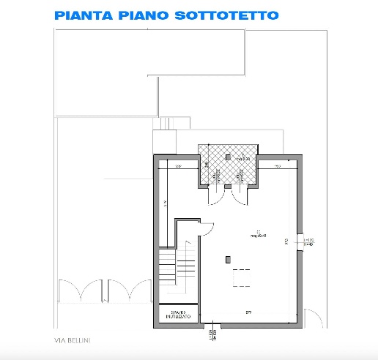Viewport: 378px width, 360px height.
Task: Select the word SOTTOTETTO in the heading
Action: coord(226,15)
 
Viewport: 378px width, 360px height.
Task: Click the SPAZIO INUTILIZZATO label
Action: coord(178,314)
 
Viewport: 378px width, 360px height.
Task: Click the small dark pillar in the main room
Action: coord(229,258)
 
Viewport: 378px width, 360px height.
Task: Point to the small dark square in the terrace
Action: coord(228,157)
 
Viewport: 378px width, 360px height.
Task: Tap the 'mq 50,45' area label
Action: coord(257,236)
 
